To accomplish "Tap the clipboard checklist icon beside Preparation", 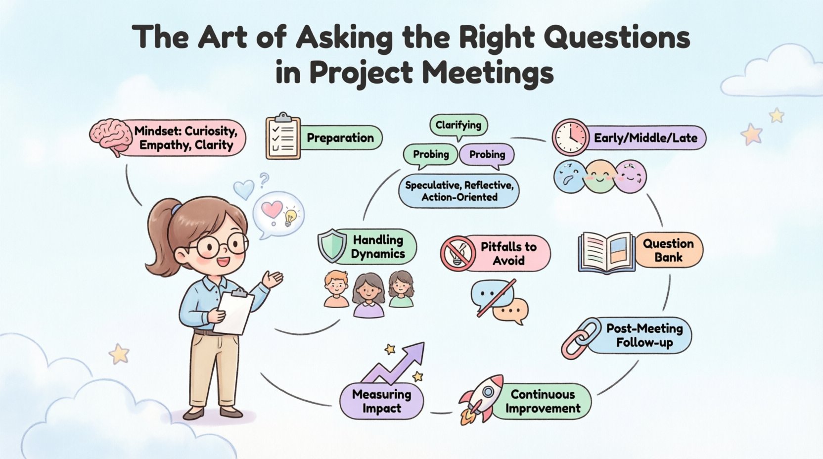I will [283, 136].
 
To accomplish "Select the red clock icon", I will [570, 137].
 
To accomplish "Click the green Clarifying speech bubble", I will [458, 125].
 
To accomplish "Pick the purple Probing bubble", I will [487, 155].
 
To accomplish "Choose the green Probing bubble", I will [431, 155].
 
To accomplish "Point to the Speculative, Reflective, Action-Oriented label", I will [459, 191].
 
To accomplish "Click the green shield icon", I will [332, 246].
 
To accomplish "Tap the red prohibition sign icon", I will [458, 253].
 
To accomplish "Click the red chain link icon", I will [578, 338].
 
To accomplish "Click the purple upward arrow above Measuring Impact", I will [396, 365].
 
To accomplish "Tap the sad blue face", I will [569, 176].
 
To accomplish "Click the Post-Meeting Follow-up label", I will [644, 335].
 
